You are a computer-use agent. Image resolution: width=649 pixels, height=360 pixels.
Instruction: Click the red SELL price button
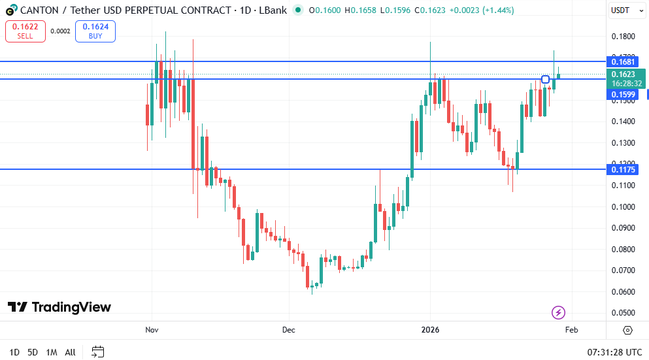(25, 31)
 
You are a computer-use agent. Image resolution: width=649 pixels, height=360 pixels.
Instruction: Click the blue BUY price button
(95, 31)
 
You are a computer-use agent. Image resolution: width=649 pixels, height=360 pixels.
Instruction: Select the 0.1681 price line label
(624, 61)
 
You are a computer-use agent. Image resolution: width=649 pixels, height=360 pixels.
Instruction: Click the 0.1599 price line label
(624, 95)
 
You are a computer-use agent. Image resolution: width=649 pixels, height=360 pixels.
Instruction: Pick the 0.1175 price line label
(624, 170)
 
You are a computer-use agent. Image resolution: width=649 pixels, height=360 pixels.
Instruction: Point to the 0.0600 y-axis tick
(624, 291)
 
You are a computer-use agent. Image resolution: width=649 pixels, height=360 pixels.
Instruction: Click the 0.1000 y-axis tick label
(624, 206)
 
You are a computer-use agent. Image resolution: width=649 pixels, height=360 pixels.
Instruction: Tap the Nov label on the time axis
(152, 330)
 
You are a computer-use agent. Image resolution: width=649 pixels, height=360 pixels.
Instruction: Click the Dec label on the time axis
(289, 330)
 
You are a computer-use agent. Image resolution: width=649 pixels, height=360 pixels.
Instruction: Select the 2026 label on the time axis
(429, 330)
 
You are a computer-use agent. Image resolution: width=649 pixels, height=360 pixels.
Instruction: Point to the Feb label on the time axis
(571, 330)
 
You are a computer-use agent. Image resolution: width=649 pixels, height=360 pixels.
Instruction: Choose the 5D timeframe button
(32, 352)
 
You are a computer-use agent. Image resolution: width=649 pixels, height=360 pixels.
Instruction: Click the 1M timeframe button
(51, 352)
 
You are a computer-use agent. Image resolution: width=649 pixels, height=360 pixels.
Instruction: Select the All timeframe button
(70, 352)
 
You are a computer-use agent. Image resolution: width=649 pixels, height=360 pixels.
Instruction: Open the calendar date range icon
(98, 352)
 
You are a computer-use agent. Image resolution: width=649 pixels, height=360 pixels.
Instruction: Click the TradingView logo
(59, 307)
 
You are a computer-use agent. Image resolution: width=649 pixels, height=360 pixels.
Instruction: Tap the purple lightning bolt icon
(558, 312)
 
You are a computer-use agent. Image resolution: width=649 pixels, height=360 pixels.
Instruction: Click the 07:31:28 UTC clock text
(614, 352)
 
